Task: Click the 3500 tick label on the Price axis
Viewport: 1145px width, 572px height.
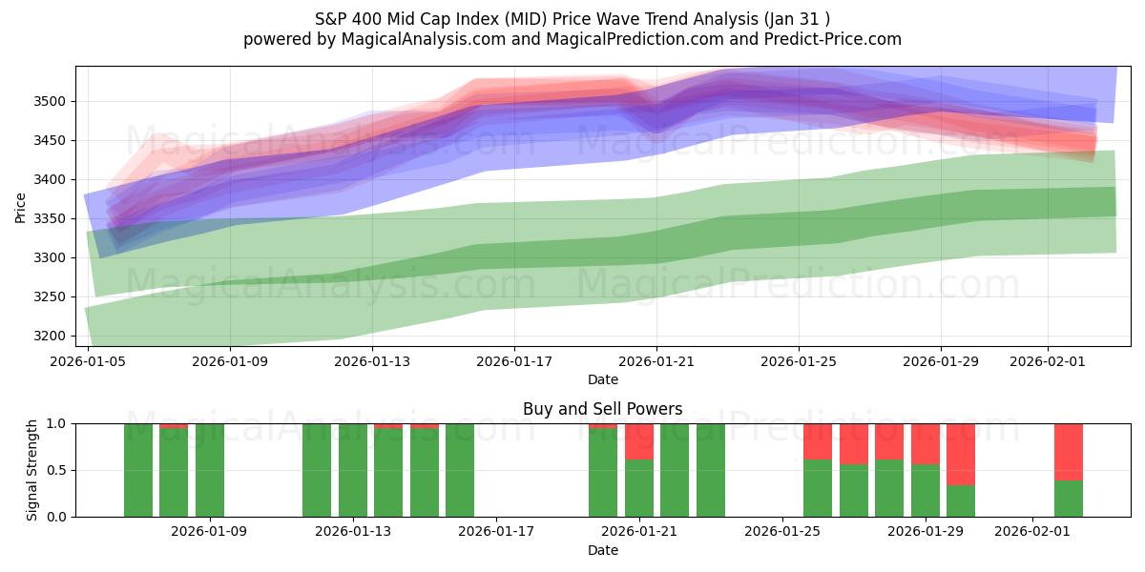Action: point(53,102)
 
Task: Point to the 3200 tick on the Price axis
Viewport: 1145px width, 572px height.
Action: point(53,337)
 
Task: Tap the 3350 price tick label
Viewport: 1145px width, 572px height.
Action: point(53,219)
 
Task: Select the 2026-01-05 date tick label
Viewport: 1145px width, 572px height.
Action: point(88,362)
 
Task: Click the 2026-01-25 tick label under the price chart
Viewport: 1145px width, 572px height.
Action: point(799,362)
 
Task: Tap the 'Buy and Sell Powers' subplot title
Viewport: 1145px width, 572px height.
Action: point(602,409)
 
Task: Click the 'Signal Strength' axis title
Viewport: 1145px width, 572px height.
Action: point(32,470)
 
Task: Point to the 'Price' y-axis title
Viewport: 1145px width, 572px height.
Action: point(21,207)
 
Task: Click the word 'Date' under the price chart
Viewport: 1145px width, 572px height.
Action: point(602,379)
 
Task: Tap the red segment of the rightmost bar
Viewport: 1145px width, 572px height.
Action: point(1069,451)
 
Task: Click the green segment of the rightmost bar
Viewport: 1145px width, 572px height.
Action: point(1069,498)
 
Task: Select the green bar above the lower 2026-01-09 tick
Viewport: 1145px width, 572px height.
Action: point(210,470)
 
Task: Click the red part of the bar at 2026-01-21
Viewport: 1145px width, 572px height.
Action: point(639,441)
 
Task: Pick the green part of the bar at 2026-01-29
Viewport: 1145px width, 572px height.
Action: point(926,490)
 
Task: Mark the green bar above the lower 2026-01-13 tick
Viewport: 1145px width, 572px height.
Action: point(353,470)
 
